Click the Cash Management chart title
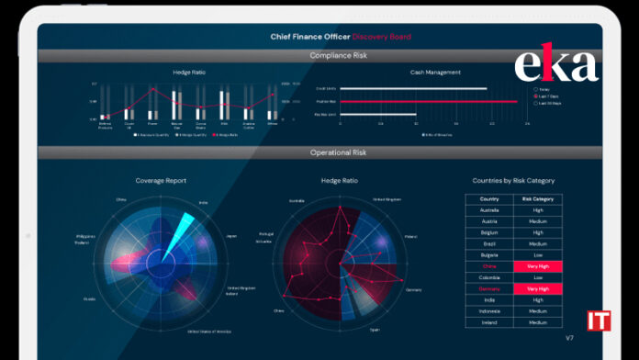pyautogui.click(x=435, y=73)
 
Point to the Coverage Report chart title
pyautogui.click(x=160, y=181)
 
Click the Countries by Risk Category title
pyautogui.click(x=513, y=181)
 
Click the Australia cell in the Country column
pyautogui.click(x=488, y=210)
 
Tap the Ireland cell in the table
pyautogui.click(x=488, y=321)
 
